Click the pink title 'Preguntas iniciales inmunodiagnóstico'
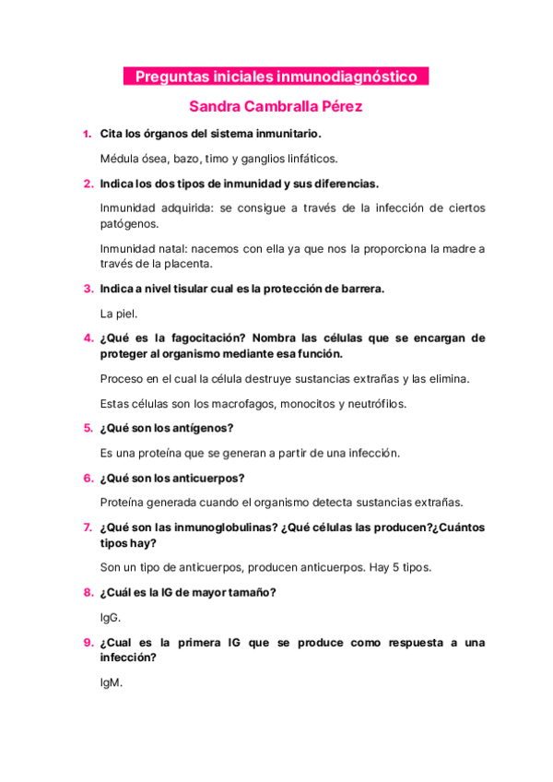[x=276, y=77]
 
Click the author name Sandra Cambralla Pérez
[x=276, y=106]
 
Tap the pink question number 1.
[x=87, y=134]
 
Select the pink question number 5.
[x=87, y=428]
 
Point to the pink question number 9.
[x=87, y=642]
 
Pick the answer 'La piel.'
[x=119, y=314]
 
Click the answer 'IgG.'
[x=110, y=617]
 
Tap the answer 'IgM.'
[x=111, y=683]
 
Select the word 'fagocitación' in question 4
[x=203, y=338]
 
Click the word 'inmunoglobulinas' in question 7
[x=223, y=527]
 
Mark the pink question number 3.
[x=87, y=289]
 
